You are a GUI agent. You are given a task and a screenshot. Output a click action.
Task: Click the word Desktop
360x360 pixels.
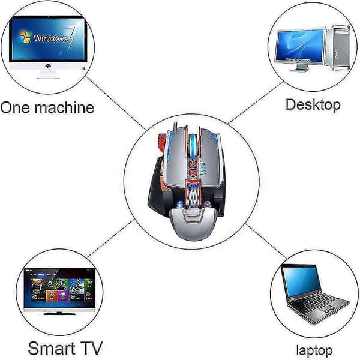point(313,104)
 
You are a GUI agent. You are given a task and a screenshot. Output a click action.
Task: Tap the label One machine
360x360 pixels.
point(47,107)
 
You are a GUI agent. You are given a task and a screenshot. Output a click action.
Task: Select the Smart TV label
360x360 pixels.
point(65,348)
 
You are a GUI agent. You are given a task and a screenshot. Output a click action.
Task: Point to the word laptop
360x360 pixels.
point(314,351)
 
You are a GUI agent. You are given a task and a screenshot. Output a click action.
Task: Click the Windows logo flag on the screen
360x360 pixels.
point(25,37)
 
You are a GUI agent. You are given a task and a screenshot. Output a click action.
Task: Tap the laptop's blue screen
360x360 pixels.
point(301,281)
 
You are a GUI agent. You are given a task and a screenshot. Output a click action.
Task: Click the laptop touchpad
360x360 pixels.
point(329,310)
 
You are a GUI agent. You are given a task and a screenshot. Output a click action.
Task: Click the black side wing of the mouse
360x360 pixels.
point(157,191)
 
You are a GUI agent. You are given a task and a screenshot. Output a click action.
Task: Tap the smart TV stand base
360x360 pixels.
point(59,313)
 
